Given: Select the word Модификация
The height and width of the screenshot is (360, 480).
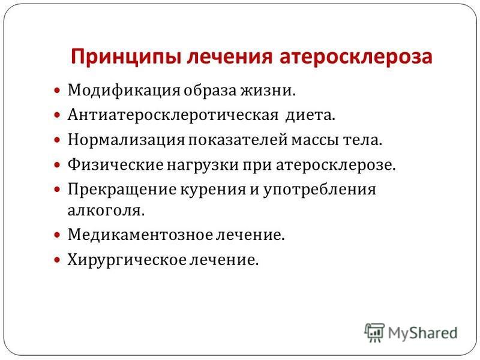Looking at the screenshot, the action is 124,91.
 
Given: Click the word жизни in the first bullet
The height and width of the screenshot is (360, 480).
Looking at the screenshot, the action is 268,91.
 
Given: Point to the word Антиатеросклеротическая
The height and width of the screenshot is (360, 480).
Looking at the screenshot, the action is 173,115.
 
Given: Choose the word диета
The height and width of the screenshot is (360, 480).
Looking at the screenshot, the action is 310,115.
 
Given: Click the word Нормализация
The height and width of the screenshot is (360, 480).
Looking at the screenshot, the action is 126,140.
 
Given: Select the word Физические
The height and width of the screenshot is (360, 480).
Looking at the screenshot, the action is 116,164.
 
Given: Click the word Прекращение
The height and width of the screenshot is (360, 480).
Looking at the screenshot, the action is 122,190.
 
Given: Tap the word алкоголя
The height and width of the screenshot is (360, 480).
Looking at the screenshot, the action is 106,211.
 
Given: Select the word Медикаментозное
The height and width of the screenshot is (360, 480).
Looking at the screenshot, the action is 140,235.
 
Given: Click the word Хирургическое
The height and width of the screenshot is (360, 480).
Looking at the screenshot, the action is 127,260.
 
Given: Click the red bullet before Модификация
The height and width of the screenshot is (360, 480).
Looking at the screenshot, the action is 57,91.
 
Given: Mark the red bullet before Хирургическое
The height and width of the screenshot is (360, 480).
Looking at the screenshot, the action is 57,260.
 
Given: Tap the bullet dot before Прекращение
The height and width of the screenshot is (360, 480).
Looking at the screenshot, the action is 57,190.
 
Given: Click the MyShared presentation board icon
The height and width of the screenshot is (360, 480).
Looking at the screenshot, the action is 374,332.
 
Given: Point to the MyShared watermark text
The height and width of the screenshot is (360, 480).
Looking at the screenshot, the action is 423,333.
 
